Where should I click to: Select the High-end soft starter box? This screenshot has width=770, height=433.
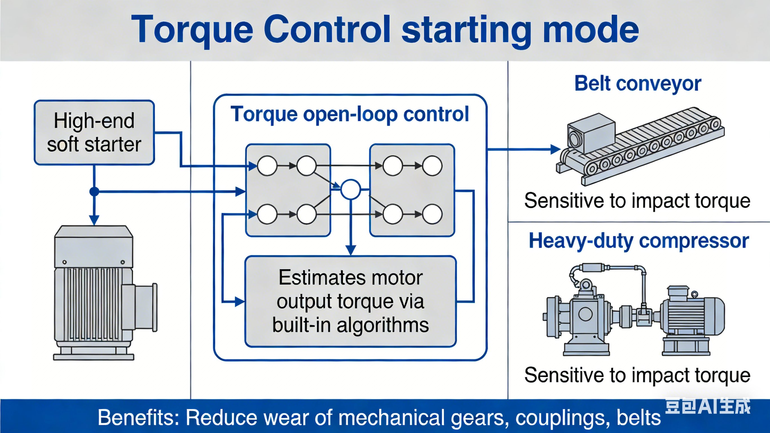[x=94, y=133]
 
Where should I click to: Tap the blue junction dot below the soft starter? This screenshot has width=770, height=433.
[x=94, y=191]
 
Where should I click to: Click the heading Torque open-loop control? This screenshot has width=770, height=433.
[x=349, y=114]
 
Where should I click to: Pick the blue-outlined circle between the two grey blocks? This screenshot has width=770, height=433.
[x=351, y=189]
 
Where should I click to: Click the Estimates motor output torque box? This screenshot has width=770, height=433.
[x=350, y=301]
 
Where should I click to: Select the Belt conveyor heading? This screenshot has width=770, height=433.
[x=638, y=83]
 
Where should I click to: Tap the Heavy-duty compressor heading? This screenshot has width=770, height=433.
[x=639, y=241]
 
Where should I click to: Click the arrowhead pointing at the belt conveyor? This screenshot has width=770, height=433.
[x=555, y=149]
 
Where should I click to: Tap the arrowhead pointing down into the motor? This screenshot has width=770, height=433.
[x=94, y=220]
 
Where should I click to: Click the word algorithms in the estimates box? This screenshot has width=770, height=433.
[x=383, y=325]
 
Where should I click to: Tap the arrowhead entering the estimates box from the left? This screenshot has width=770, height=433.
[x=240, y=302]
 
